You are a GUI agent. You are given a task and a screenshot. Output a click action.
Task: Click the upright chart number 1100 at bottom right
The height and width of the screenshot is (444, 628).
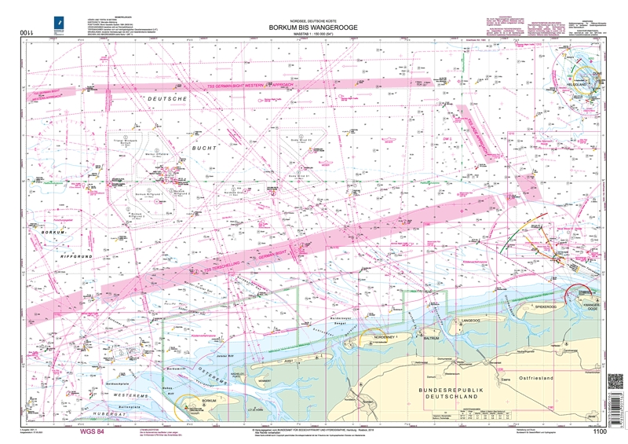601,431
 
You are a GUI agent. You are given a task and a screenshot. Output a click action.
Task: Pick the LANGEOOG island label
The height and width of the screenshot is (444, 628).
472,322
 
